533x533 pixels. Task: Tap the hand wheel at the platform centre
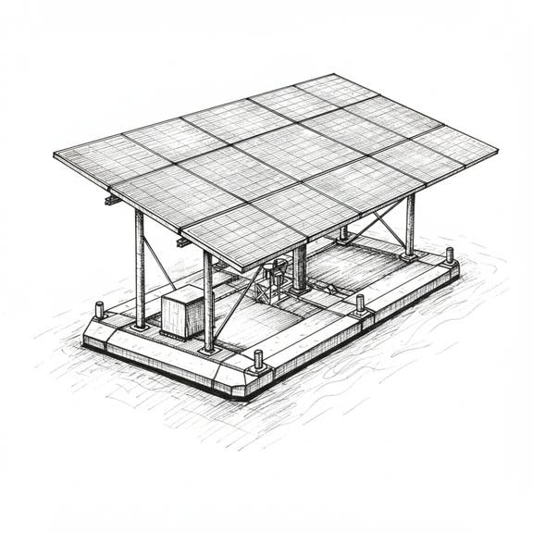[x=275, y=270]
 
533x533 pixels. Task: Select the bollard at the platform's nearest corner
[x=259, y=359]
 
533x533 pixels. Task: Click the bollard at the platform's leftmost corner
[x=99, y=310]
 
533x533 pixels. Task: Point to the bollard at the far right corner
[x=450, y=254]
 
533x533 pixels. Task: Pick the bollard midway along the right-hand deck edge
[x=360, y=304]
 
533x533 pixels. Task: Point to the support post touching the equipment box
[x=208, y=301]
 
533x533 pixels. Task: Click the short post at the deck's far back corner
[x=343, y=232]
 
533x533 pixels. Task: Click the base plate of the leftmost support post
[x=140, y=326]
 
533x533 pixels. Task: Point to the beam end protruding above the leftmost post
[x=112, y=199]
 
